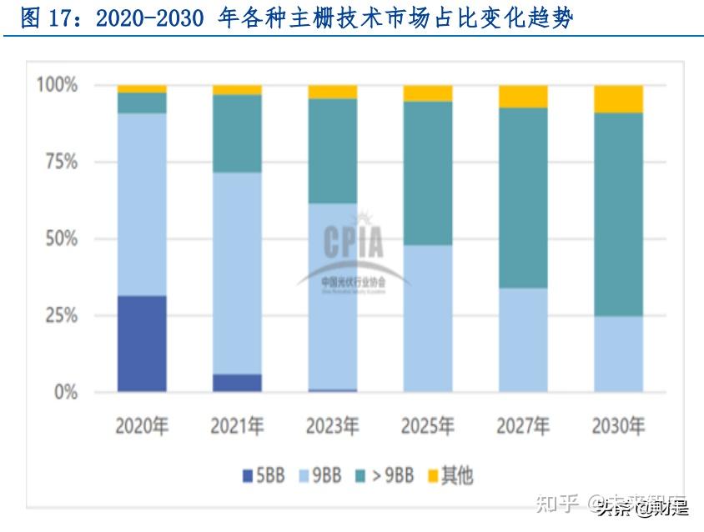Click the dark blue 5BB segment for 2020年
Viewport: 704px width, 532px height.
[142, 344]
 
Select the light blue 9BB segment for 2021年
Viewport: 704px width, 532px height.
[237, 273]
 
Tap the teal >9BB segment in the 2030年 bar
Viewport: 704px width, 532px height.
[618, 214]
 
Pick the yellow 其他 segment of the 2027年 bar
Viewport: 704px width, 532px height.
[523, 96]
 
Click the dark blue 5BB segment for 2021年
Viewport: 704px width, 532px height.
[237, 383]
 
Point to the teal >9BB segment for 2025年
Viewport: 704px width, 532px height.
[428, 173]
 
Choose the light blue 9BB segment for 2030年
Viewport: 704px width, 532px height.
[618, 354]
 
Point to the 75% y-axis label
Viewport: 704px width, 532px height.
[60, 162]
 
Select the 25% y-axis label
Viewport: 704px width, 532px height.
[60, 316]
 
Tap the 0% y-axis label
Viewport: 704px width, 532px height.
[65, 392]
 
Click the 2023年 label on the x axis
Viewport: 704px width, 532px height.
[332, 426]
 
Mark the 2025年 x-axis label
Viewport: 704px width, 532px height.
[428, 426]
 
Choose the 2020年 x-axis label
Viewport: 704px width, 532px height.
[142, 426]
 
